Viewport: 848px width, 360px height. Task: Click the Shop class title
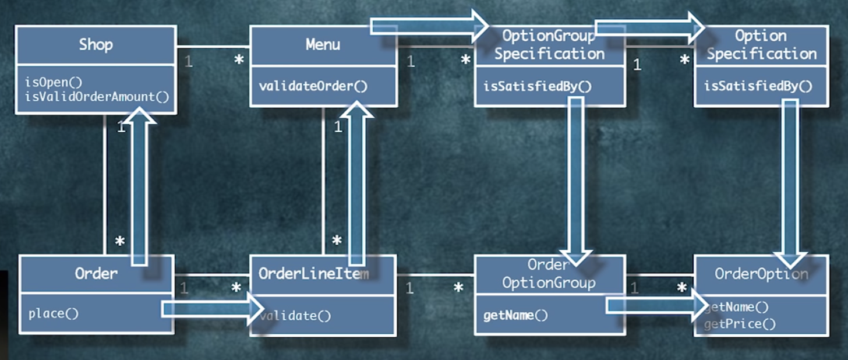(96, 45)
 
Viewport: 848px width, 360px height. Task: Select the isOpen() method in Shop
(54, 82)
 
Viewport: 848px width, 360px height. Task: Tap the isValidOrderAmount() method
(97, 97)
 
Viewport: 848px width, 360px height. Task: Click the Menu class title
(323, 45)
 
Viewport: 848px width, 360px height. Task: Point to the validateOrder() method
(313, 86)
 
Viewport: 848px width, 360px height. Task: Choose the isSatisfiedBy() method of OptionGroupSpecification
(537, 87)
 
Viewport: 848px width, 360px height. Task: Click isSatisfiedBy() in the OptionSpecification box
(758, 86)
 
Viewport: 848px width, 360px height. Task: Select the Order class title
(96, 273)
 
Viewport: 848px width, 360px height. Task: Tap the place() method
(54, 313)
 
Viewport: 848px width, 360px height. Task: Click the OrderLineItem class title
(313, 273)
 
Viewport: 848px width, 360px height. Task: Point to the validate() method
(295, 316)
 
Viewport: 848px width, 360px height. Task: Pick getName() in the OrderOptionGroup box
(515, 315)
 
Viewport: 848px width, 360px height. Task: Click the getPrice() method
(740, 324)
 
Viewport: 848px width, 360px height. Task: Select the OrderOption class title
(761, 274)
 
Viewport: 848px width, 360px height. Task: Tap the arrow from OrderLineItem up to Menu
(356, 183)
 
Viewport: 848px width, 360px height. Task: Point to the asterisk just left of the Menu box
(239, 59)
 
